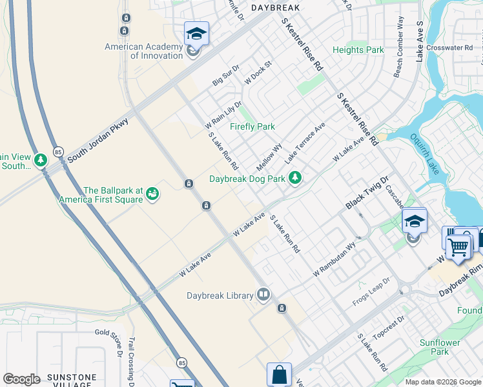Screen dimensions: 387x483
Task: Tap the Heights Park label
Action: point(358,50)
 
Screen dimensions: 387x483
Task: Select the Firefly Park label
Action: point(252,126)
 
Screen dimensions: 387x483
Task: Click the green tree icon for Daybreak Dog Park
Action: point(295,177)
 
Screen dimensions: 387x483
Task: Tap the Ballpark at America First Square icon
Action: point(152,194)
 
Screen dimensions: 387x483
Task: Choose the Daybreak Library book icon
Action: point(263,295)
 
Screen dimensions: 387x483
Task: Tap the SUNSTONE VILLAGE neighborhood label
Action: point(67,381)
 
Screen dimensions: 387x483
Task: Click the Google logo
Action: point(21,379)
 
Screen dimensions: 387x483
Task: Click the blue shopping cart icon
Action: point(458,246)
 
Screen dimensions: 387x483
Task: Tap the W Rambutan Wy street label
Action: point(334,259)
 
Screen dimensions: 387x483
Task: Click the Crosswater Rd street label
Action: point(449,48)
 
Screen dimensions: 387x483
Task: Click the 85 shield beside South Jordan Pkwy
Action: point(57,152)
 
